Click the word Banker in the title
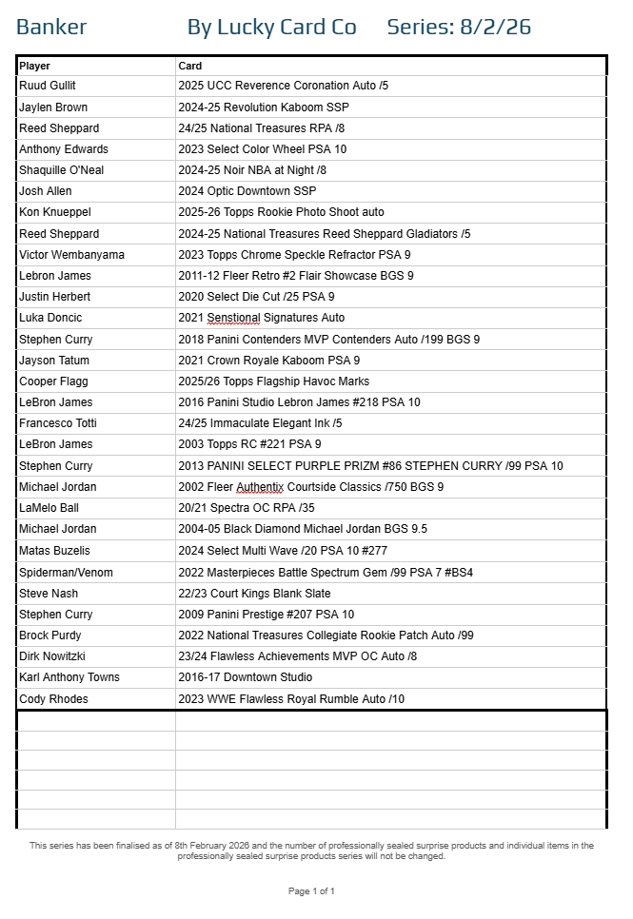pos(51,28)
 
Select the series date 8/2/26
pos(495,28)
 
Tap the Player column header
pos(35,66)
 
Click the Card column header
pos(190,66)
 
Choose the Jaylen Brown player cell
pos(53,108)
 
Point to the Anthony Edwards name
pos(64,149)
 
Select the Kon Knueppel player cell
pos(54,212)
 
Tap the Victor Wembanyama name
pos(71,255)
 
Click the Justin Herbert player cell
pos(55,297)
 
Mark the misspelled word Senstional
pos(233,318)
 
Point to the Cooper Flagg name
pos(53,381)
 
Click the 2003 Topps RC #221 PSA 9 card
pos(249,444)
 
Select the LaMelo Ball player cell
pos(49,508)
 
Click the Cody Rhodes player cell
pos(53,699)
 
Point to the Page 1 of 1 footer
pos(311,891)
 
